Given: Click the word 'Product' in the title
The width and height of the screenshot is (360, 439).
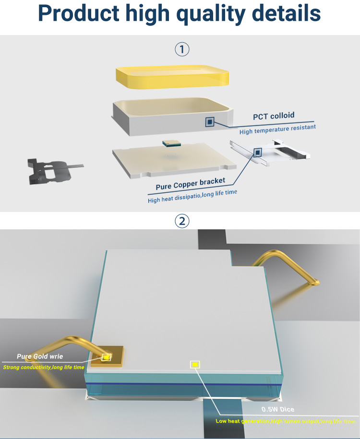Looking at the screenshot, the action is point(78,13).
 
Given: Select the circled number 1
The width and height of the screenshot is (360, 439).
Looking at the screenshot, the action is point(182,49).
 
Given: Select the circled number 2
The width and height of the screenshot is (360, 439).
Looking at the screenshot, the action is point(182,221).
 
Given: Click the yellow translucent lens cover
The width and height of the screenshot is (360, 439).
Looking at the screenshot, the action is point(172,77).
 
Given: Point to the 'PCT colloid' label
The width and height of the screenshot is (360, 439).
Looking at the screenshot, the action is point(274,116).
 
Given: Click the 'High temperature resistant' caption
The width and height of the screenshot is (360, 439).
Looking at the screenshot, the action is point(277,129).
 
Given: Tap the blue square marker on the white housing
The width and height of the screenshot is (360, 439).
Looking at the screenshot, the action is point(210,122).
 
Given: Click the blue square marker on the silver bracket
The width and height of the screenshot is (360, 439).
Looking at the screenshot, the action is point(257,153).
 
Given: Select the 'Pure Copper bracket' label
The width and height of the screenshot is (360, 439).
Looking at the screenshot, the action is point(190,184).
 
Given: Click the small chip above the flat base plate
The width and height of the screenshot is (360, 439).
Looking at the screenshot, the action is point(171,143).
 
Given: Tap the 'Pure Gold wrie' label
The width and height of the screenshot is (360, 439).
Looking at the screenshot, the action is point(40,356).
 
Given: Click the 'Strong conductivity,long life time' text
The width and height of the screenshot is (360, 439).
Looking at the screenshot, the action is point(44,368).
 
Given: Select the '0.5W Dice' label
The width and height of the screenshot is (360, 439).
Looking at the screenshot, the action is point(277,409).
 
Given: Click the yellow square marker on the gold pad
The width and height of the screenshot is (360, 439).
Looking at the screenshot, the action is point(107,357).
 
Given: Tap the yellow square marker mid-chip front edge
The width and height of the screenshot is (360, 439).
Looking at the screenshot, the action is point(195,365).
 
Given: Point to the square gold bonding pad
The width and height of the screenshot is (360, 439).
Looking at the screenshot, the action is point(108,356).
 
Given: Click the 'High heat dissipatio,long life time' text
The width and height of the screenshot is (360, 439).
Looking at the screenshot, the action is point(192,196).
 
